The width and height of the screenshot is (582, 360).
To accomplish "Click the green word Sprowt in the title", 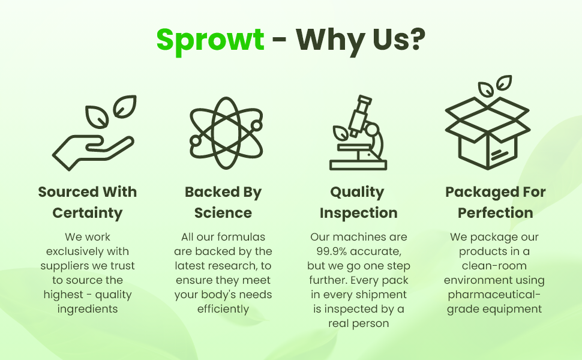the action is tap(210, 40).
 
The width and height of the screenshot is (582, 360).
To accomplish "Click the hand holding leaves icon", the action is tap(94, 133).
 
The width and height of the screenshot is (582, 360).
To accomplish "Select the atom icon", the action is tap(226, 133).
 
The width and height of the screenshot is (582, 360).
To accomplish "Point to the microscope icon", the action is tap(358, 133).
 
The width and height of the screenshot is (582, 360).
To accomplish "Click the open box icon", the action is tap(487, 122).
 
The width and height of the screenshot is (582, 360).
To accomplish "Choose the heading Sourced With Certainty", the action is tap(88, 202).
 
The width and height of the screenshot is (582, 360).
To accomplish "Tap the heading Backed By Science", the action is tap(223, 202).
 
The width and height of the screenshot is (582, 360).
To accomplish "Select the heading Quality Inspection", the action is tap(358, 202).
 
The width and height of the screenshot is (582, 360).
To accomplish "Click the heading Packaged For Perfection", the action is tap(495, 202).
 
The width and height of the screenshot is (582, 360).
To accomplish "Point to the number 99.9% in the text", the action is tap(331, 251).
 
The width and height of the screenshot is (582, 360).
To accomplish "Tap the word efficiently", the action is tap(223, 309).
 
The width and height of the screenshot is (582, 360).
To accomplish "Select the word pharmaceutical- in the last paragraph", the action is tap(494, 295).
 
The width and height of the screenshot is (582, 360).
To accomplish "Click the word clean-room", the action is tap(494, 266).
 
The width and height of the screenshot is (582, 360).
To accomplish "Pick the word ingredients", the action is tap(88, 309).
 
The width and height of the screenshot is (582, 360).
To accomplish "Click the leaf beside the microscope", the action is tap(340, 133).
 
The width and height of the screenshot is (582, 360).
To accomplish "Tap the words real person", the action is tap(359, 323).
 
